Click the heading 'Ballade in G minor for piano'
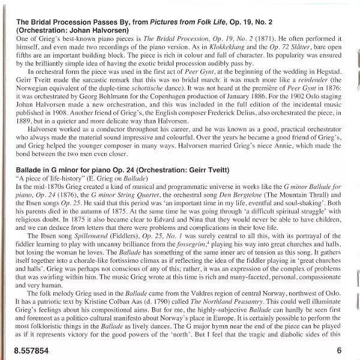[x=84, y=155]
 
